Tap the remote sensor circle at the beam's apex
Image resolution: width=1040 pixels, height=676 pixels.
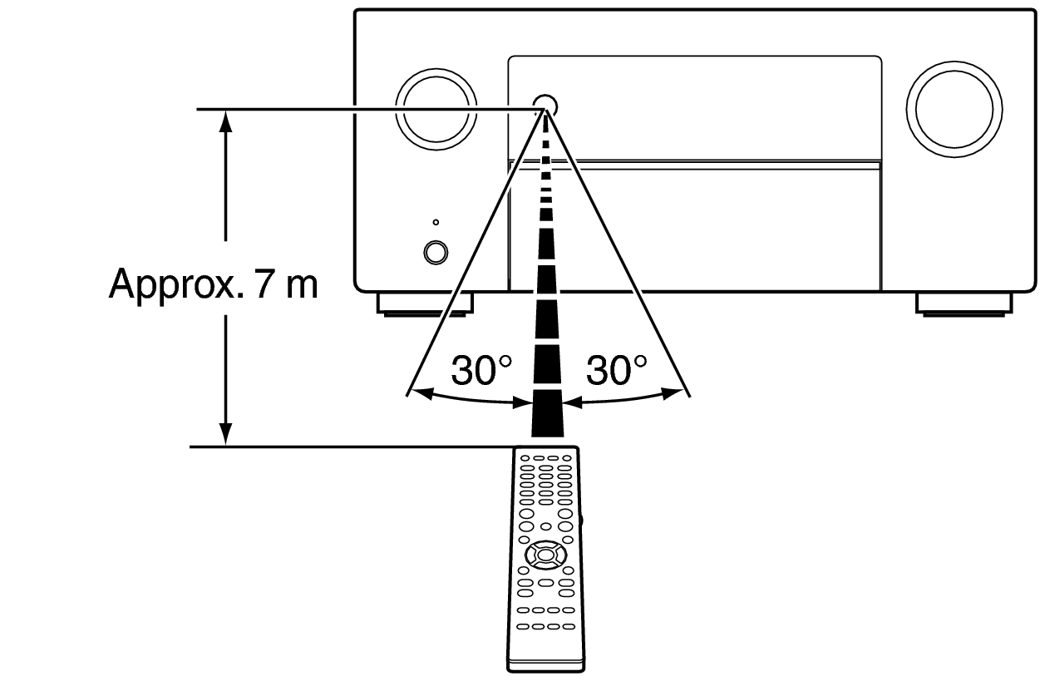(545, 104)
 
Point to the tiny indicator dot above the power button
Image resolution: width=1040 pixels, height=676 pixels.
(435, 223)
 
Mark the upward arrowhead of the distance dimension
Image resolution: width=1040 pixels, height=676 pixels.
(224, 121)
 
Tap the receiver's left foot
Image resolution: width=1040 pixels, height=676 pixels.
(425, 303)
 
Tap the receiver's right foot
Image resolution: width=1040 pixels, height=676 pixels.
(963, 303)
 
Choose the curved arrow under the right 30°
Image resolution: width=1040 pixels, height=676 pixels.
(622, 401)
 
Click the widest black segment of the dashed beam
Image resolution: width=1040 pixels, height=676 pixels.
(546, 420)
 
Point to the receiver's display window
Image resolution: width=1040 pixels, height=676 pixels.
(694, 106)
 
